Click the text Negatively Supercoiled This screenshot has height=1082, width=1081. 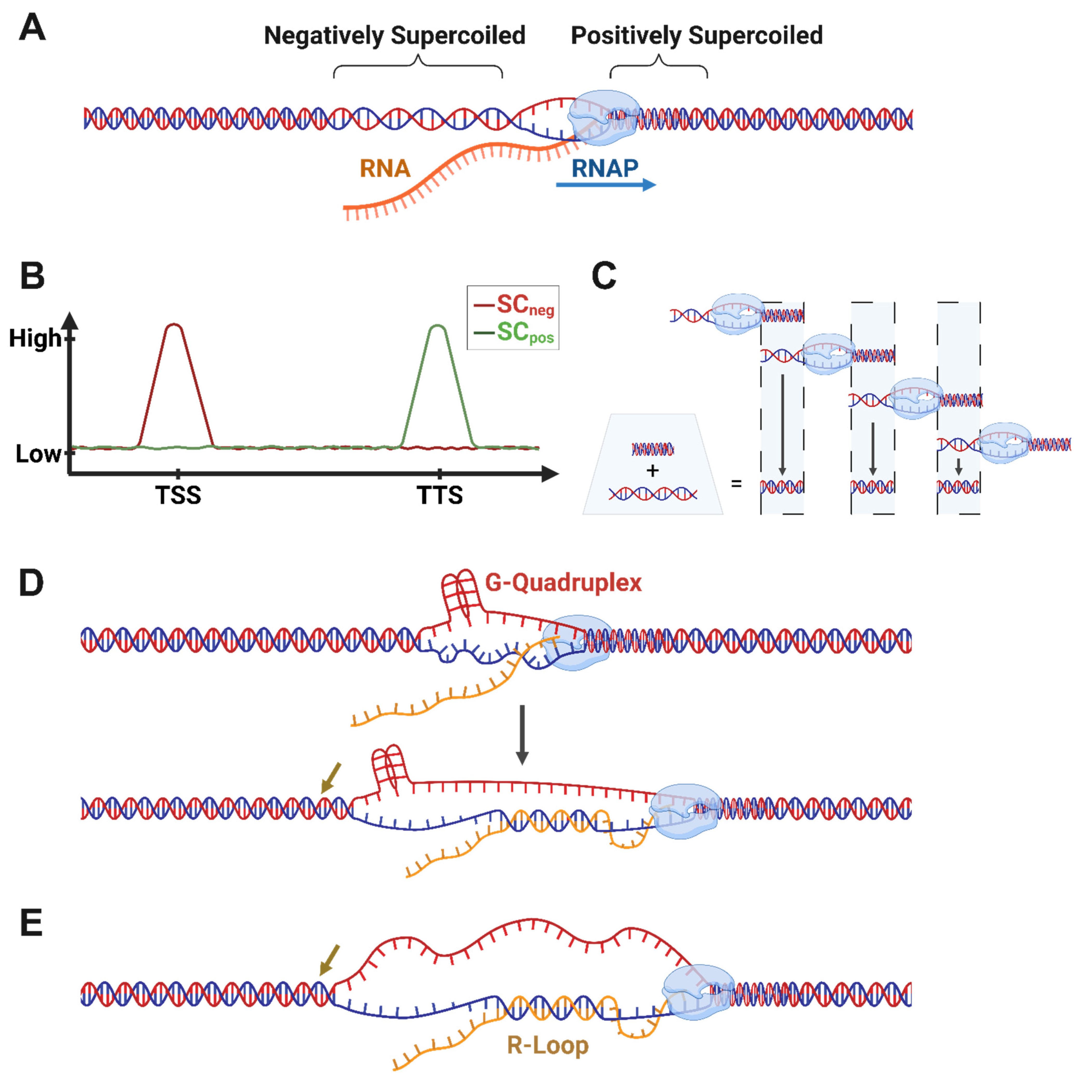[x=394, y=35]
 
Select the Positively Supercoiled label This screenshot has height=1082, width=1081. [x=696, y=35]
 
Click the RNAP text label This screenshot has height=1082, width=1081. [x=605, y=168]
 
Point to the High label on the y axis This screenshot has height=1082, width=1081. [x=35, y=338]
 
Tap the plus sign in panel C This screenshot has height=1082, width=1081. [x=652, y=471]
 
